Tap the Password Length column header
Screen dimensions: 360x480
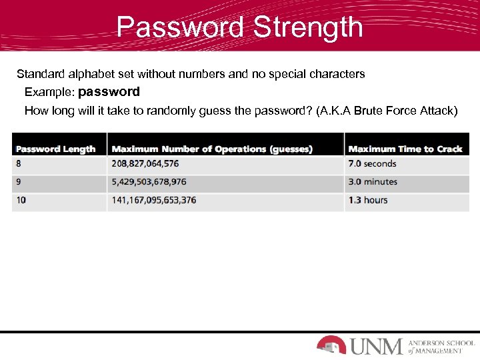click(x=56, y=149)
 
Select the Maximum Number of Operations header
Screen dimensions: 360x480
click(x=212, y=149)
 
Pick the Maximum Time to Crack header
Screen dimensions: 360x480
click(x=405, y=149)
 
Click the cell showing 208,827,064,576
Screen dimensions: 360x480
click(x=145, y=164)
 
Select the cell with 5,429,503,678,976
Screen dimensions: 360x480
click(x=149, y=182)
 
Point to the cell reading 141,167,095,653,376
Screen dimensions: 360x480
click(x=154, y=200)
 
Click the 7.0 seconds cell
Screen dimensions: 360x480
click(x=372, y=164)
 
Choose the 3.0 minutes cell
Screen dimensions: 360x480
click(x=373, y=182)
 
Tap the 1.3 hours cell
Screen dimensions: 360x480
click(x=367, y=200)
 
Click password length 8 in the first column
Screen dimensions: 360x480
click(x=19, y=164)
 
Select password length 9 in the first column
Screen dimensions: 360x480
click(x=19, y=182)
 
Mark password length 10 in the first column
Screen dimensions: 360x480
click(x=21, y=200)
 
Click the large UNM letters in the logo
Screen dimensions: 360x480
click(x=376, y=346)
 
